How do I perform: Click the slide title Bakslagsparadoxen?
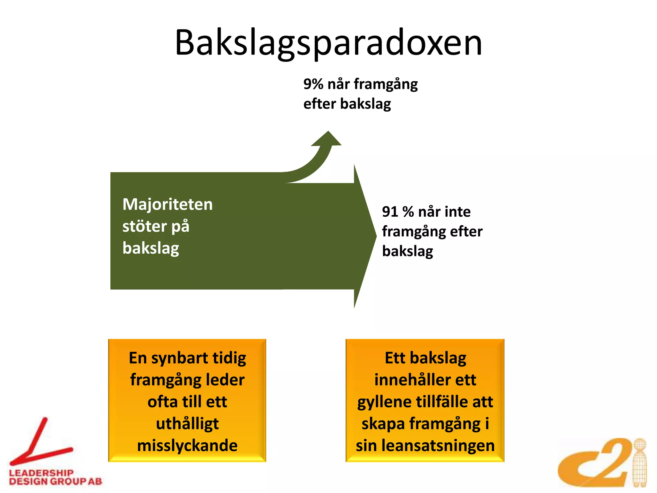point(328,43)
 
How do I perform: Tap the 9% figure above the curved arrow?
point(313,84)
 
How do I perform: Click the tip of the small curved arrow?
point(328,132)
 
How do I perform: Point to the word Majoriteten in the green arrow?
point(167,204)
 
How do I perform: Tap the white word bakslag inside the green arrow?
point(151,248)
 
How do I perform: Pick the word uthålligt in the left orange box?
point(187,424)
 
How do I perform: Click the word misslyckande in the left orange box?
point(187,446)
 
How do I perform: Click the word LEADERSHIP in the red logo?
point(41,473)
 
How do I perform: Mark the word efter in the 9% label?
point(320,104)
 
